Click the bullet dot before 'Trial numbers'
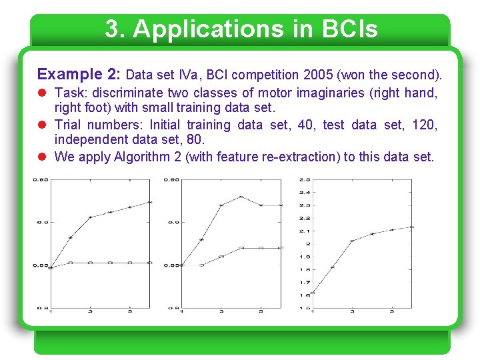point(43,125)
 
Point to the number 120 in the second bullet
point(427,125)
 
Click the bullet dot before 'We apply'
point(43,157)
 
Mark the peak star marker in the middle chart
point(241,197)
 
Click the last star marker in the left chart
point(150,202)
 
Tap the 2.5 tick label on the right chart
point(305,179)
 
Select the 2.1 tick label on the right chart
point(305,231)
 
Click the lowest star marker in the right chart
point(313,293)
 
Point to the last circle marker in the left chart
point(150,263)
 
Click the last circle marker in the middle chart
point(281,248)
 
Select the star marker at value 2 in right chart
point(352,241)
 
